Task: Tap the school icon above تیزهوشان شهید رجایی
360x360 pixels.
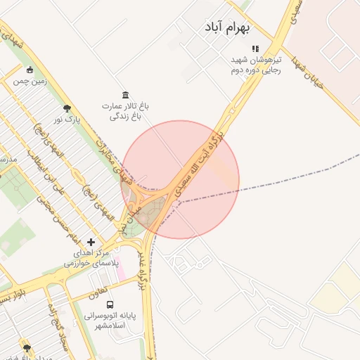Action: pyautogui.click(x=256, y=49)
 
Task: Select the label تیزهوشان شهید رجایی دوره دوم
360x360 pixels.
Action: pyautogui.click(x=256, y=65)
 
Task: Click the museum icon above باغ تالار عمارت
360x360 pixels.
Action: pyautogui.click(x=125, y=95)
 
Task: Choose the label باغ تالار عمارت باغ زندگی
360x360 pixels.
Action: pyautogui.click(x=126, y=111)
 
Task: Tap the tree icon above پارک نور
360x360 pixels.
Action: pyautogui.click(x=67, y=108)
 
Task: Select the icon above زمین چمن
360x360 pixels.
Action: pyautogui.click(x=30, y=70)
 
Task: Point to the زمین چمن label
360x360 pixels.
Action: pyautogui.click(x=30, y=81)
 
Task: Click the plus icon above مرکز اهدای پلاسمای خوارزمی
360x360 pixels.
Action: pyautogui.click(x=90, y=241)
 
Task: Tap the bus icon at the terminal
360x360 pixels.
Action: pyautogui.click(x=109, y=304)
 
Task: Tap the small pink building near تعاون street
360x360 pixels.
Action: pyautogui.click(x=121, y=271)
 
